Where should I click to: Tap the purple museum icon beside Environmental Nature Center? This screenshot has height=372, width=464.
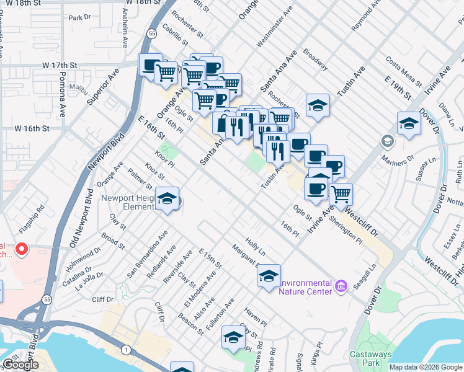340,286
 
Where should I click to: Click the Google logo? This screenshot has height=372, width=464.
20,365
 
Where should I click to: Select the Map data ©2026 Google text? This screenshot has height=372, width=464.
426,367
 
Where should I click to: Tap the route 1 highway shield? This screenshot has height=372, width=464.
127,350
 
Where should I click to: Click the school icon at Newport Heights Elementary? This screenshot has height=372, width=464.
167,198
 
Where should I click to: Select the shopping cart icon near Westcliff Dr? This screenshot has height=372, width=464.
341,194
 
